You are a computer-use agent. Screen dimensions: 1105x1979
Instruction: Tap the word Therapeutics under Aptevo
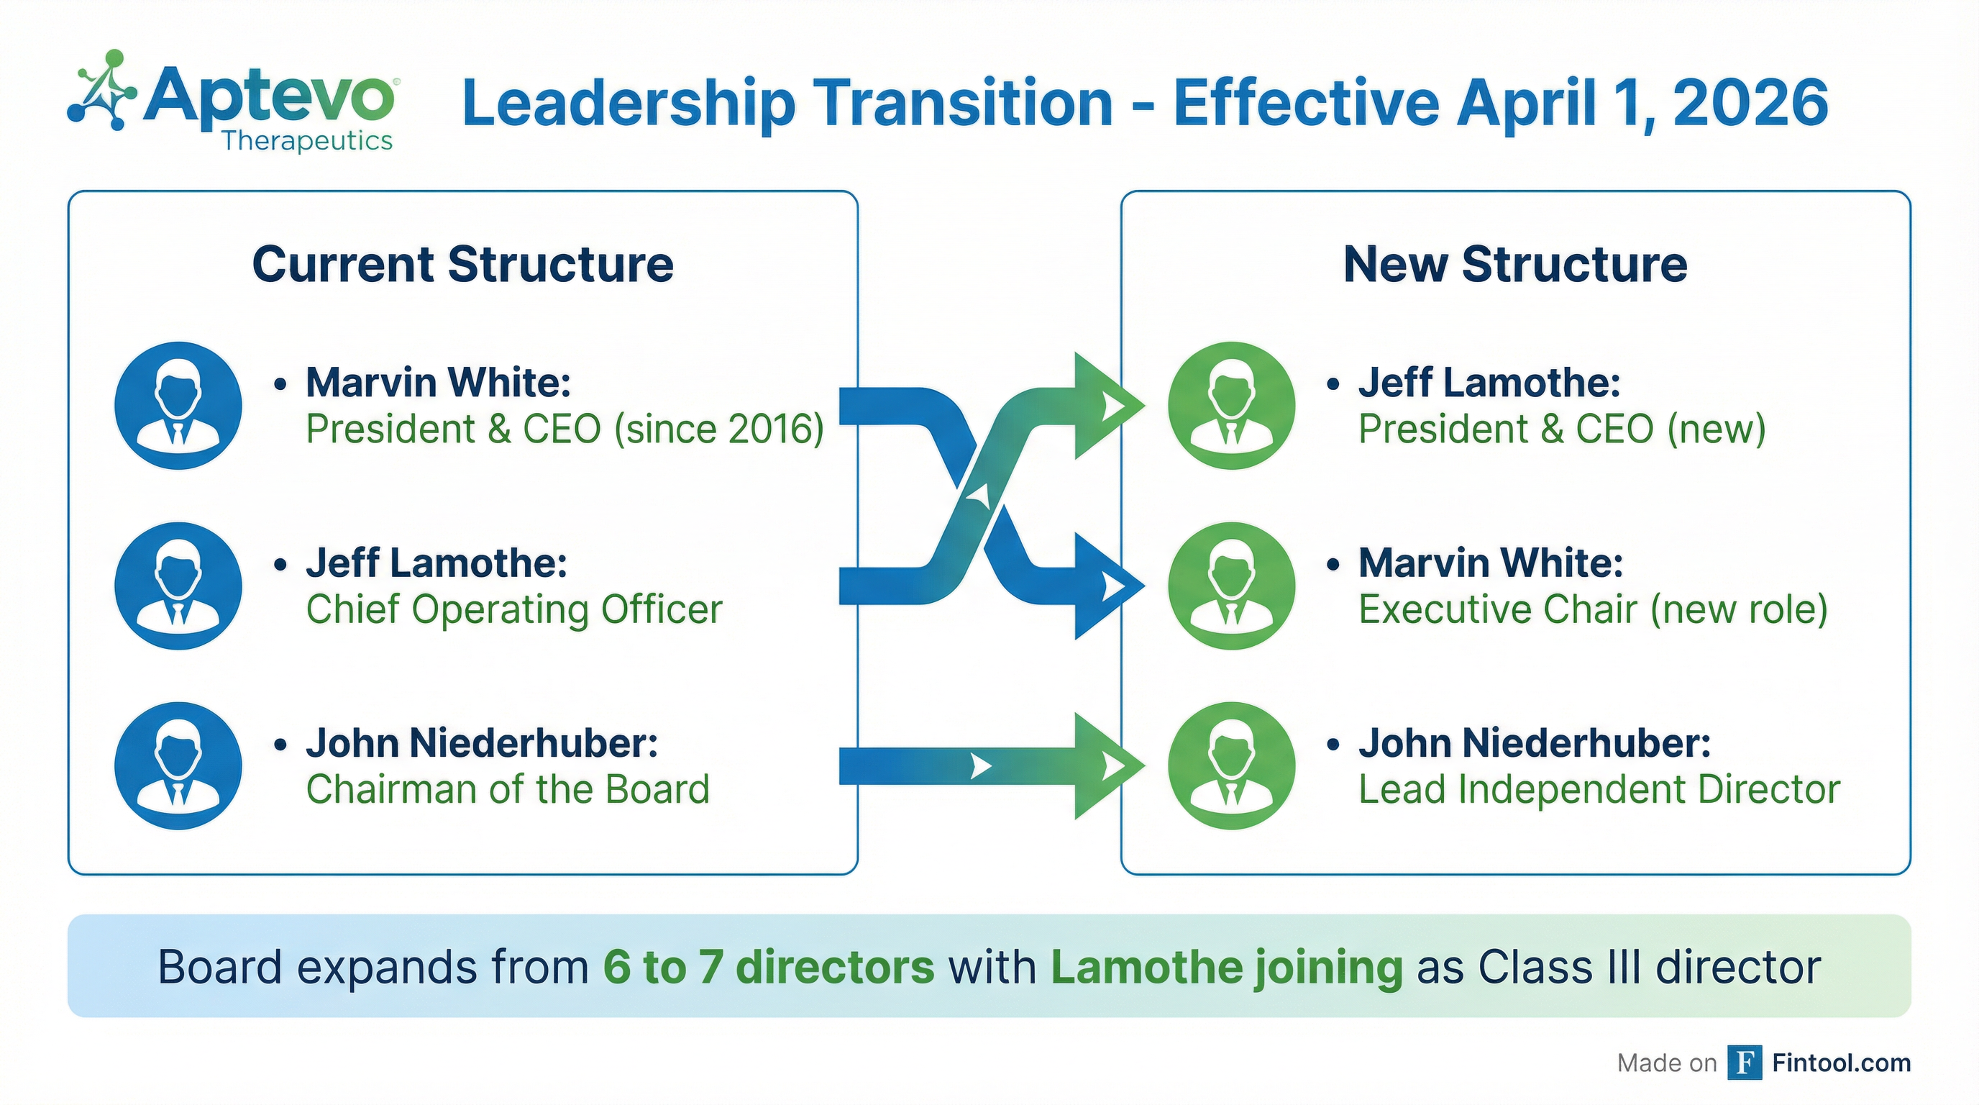click(307, 140)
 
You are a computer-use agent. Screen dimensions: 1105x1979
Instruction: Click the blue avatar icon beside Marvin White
click(178, 406)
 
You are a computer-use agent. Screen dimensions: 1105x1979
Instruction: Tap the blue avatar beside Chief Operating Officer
click(178, 586)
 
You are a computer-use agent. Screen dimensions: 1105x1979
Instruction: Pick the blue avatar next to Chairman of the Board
click(178, 766)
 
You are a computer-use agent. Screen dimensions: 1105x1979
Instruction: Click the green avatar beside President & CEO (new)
click(1232, 406)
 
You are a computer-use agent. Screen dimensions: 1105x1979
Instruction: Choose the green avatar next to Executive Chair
click(1232, 586)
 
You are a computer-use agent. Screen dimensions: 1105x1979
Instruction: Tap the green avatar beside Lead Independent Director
click(1232, 766)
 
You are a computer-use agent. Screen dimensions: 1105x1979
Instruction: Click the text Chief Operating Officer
click(514, 609)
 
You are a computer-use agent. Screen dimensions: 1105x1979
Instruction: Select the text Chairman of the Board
click(508, 789)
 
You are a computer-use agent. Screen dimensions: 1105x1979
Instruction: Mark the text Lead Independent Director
click(1599, 789)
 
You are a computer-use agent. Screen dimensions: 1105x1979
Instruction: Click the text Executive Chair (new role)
click(1593, 609)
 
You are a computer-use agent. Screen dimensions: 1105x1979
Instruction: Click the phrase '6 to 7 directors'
click(768, 967)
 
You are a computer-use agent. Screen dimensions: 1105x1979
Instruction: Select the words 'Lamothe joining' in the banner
click(1226, 967)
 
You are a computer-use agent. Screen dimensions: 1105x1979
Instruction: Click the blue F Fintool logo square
click(1745, 1063)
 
